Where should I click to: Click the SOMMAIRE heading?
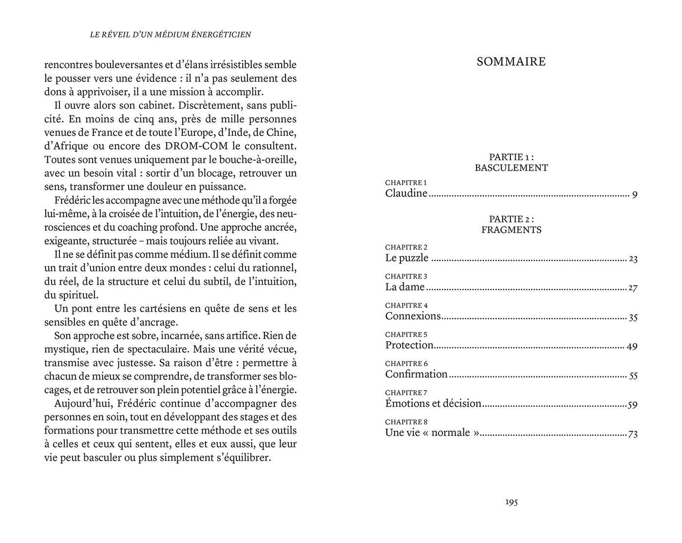pos(511,62)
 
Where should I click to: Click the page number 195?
pos(511,502)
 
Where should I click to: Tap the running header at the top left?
pos(170,35)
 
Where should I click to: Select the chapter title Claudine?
pos(406,193)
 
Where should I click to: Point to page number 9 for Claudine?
pos(635,195)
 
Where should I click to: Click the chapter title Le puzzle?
pos(407,258)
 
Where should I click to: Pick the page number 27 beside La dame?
pos(633,288)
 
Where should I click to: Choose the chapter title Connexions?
pos(413,316)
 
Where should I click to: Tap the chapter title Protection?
pos(409,345)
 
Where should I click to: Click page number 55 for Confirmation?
pos(633,375)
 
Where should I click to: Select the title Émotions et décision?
pos(433,404)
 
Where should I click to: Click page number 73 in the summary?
pos(633,434)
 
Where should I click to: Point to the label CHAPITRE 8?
pos(406,422)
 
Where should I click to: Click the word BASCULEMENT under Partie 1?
pos(511,168)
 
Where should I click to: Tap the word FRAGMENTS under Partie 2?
pos(511,230)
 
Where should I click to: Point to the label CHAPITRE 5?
pos(406,335)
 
